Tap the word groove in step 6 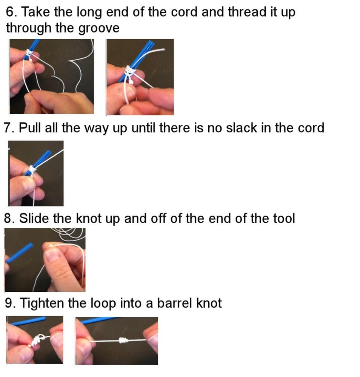pyautogui.click(x=98, y=28)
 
